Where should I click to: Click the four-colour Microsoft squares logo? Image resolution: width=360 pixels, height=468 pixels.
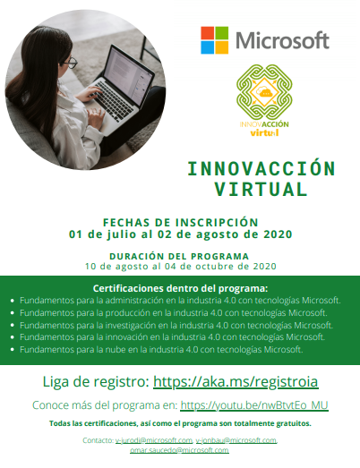(x=215, y=40)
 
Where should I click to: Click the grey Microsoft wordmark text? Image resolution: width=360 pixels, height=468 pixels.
(x=282, y=40)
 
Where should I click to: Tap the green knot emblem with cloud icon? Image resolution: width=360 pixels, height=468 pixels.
(x=264, y=91)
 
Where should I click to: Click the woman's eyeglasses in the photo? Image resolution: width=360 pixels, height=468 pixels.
(x=71, y=63)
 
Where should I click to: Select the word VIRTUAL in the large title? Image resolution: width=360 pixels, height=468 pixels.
(x=261, y=189)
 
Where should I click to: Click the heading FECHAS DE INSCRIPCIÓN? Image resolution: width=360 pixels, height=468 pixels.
(x=181, y=222)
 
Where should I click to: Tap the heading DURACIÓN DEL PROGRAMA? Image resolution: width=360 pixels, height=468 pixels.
(x=179, y=256)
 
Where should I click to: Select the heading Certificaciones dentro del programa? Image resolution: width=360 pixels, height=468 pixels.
(x=181, y=289)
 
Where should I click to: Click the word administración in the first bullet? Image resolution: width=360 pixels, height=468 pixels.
(x=134, y=301)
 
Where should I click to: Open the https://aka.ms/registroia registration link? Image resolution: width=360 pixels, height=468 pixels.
(x=236, y=381)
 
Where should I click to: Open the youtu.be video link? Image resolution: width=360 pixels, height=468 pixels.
(x=254, y=405)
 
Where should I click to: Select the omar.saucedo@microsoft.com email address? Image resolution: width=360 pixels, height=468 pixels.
(x=179, y=450)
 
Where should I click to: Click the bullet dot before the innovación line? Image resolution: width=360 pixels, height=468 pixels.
(x=13, y=337)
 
